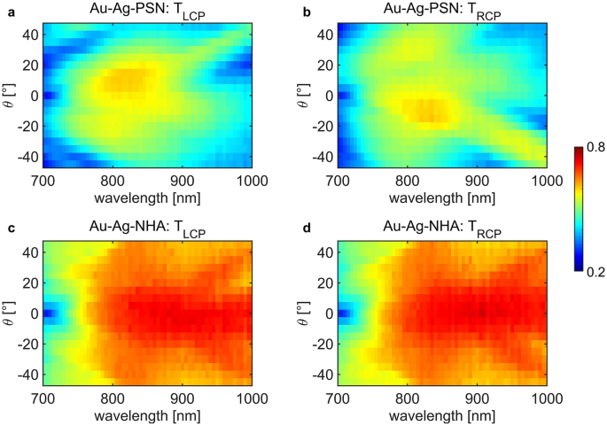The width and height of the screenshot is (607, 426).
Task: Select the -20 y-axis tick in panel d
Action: click(319, 343)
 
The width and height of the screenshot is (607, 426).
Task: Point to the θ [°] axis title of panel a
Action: click(8, 95)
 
